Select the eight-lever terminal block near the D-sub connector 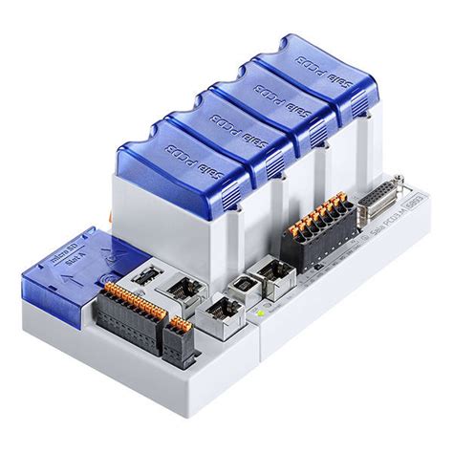click(312, 225)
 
